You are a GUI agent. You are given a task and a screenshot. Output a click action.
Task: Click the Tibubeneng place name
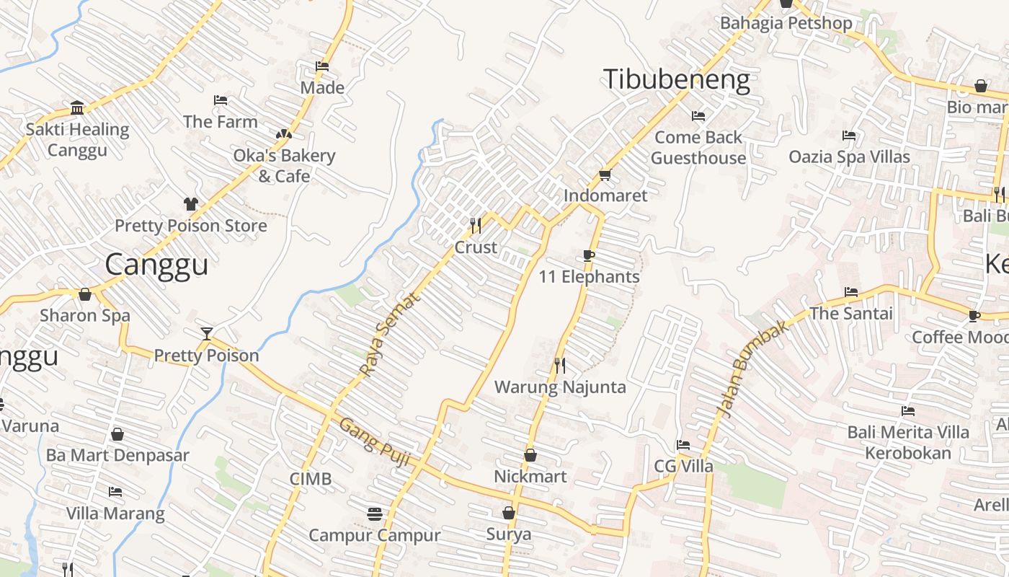pyautogui.click(x=676, y=79)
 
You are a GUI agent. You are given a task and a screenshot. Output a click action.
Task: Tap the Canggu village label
pyautogui.click(x=156, y=265)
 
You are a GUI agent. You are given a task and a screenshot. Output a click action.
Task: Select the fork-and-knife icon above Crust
pyautogui.click(x=476, y=226)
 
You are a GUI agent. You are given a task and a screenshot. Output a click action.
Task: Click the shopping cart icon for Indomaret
pyautogui.click(x=605, y=175)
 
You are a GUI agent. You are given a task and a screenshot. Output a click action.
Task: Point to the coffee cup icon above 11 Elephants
pyautogui.click(x=589, y=255)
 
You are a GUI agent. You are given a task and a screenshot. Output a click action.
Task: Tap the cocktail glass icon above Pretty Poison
pyautogui.click(x=207, y=333)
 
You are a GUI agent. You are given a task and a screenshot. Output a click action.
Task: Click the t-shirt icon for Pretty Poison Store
pyautogui.click(x=191, y=204)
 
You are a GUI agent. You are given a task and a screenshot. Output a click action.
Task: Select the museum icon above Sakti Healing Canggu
pyautogui.click(x=77, y=109)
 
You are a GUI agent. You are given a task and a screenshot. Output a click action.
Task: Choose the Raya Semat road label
pyautogui.click(x=388, y=334)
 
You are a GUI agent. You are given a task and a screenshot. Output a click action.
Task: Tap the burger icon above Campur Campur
pyautogui.click(x=374, y=514)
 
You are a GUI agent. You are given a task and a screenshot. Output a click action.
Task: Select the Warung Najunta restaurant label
pyautogui.click(x=560, y=387)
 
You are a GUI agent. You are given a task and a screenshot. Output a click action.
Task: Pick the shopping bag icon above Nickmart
pyautogui.click(x=530, y=456)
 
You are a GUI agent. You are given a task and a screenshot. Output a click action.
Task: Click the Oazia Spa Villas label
pyautogui.click(x=849, y=157)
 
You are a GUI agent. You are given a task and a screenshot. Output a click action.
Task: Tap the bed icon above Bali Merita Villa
pyautogui.click(x=908, y=411)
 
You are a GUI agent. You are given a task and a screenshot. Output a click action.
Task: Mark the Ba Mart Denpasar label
pyautogui.click(x=117, y=456)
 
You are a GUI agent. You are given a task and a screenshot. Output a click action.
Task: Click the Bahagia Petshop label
pyautogui.click(x=786, y=22)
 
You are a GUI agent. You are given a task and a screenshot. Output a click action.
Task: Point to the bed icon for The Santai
pyautogui.click(x=851, y=292)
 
